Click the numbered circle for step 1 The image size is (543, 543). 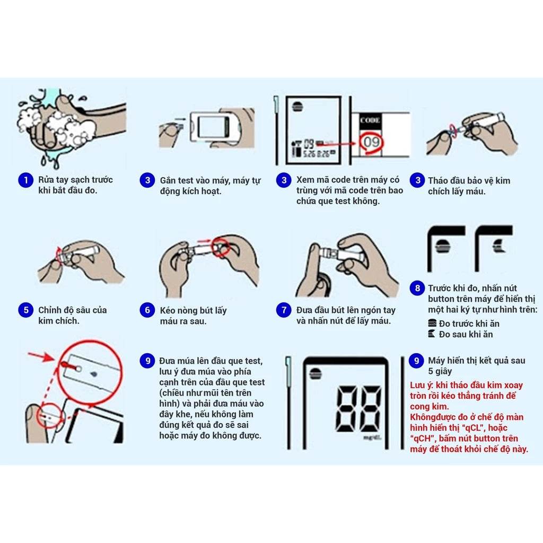point(25,180)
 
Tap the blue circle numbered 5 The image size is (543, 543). point(25,310)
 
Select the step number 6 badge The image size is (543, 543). point(147,310)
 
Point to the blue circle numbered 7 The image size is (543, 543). point(284,310)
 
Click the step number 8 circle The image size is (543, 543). point(417,288)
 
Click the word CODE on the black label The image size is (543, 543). point(370,120)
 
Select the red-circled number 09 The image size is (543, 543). point(370,143)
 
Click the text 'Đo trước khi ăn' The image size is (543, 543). point(469,323)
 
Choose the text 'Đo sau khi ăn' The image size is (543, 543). point(466,334)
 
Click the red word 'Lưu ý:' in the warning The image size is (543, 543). point(422,385)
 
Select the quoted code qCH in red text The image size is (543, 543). point(421,439)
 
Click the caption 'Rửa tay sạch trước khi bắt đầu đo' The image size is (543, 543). point(75,185)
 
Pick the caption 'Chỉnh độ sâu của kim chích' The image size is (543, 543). point(72,316)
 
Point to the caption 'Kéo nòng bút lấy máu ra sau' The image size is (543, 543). point(193,316)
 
